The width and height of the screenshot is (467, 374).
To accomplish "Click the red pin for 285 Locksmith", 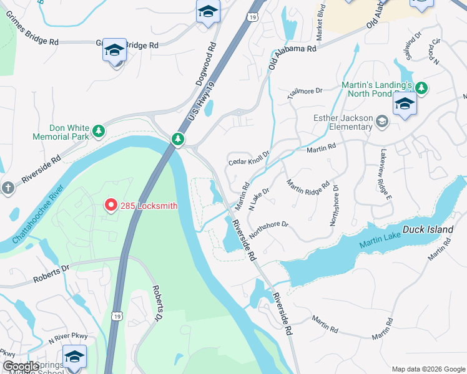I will (x=111, y=204).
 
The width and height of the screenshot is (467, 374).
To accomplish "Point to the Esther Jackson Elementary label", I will (x=343, y=123).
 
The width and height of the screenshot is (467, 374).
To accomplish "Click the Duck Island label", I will (x=428, y=229).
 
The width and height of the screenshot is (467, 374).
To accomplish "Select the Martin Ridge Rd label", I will (x=307, y=193).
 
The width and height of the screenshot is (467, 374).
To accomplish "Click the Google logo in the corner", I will (x=20, y=367).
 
